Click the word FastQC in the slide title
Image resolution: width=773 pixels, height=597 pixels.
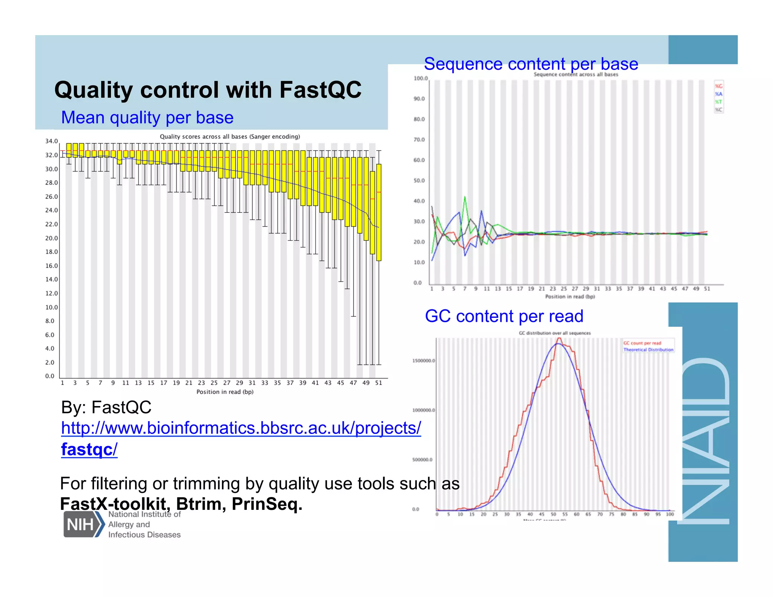[320, 90]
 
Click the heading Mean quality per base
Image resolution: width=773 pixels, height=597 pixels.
[147, 117]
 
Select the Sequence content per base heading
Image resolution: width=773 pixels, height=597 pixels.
[531, 64]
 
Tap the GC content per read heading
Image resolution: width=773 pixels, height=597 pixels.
[504, 316]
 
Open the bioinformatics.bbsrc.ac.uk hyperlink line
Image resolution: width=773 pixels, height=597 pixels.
[241, 428]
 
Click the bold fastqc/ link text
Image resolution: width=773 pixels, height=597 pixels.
[89, 449]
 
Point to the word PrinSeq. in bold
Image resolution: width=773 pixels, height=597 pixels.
[267, 504]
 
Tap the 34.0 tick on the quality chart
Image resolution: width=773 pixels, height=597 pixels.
[51, 141]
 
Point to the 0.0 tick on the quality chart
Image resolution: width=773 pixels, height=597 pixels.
[50, 376]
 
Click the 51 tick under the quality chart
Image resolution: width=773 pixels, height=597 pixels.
[379, 383]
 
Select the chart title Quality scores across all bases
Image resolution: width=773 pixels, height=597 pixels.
[229, 137]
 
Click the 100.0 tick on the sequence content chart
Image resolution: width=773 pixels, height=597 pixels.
[420, 78]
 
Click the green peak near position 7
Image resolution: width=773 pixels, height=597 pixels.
[465, 197]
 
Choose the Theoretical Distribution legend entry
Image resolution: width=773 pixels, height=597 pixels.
[648, 350]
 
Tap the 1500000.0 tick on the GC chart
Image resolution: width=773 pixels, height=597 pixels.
[423, 361]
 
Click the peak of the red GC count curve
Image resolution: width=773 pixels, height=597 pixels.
[559, 339]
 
